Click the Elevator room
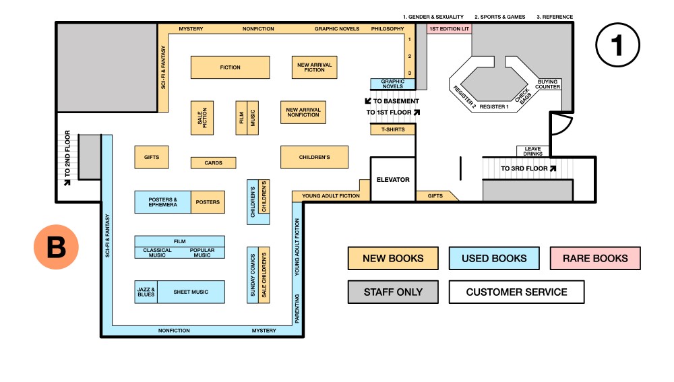392,179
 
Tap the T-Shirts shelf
392,129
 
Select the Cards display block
213,163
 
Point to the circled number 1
617,45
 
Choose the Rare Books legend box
595,258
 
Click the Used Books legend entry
493,258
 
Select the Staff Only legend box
393,292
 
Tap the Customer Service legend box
516,292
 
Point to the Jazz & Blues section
146,292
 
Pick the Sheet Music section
191,292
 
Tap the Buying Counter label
548,84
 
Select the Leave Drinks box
533,151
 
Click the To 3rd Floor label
528,168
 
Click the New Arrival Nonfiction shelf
303,112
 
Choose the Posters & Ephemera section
162,202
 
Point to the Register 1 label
493,106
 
